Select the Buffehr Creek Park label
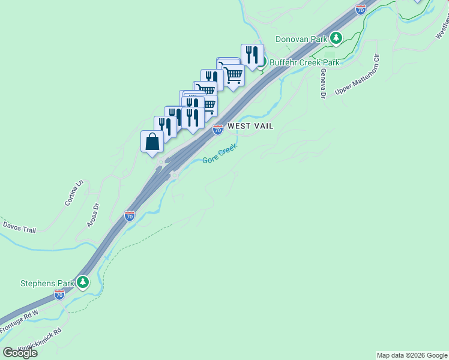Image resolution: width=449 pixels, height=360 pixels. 304,62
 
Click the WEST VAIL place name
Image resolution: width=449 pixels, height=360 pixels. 250,127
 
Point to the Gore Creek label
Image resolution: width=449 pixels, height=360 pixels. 220,153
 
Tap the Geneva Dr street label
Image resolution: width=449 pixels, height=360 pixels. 323,83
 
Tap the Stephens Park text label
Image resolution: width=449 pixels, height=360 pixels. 47,283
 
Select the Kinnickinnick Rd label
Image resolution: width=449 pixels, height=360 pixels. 40,339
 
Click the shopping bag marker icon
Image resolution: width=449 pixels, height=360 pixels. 152,142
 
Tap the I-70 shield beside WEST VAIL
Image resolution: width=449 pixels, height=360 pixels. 218,129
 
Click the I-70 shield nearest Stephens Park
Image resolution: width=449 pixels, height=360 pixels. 59,295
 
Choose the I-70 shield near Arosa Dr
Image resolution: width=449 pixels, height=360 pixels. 130,216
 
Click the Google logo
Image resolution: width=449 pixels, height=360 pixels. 20,352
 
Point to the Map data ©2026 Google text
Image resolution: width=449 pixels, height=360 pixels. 412,355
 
